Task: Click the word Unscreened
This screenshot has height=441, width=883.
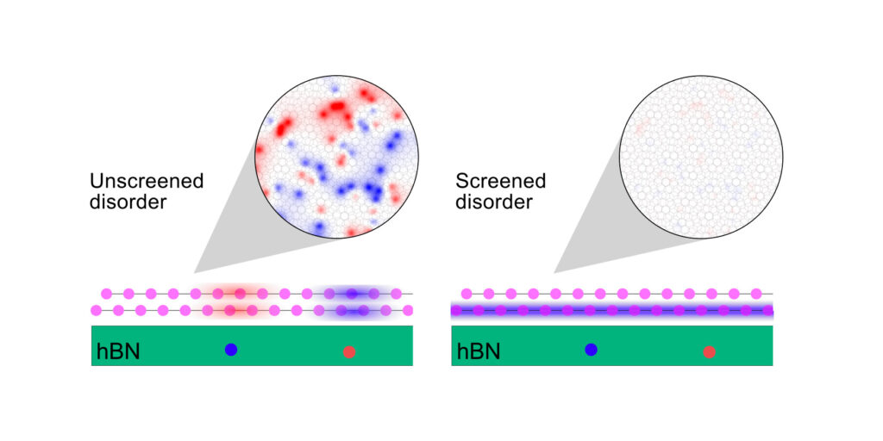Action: coord(147,181)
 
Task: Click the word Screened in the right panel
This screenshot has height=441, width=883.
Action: coord(501,181)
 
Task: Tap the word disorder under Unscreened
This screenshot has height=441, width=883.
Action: coord(128,202)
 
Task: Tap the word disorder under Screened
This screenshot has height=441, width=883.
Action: coord(494,202)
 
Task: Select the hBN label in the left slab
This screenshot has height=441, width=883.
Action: coord(117,351)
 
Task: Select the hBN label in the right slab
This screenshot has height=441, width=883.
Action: coord(478,351)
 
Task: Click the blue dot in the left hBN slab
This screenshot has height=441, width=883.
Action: coord(231,350)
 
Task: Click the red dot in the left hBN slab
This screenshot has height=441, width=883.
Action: coord(349,352)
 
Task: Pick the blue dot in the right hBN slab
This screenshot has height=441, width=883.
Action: coord(591,350)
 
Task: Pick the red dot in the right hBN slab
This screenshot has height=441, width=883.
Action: coord(709,352)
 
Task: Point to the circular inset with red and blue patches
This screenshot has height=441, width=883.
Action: coord(337,157)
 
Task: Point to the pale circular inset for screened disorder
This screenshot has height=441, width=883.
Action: coord(701,157)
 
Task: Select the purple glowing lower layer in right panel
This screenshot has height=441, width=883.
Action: coord(612,310)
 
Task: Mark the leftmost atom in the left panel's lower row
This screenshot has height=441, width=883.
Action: coord(97,310)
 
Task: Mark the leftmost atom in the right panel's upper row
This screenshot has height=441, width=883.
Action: coord(467,294)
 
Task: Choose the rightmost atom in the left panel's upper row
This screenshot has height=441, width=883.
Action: coord(397,294)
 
